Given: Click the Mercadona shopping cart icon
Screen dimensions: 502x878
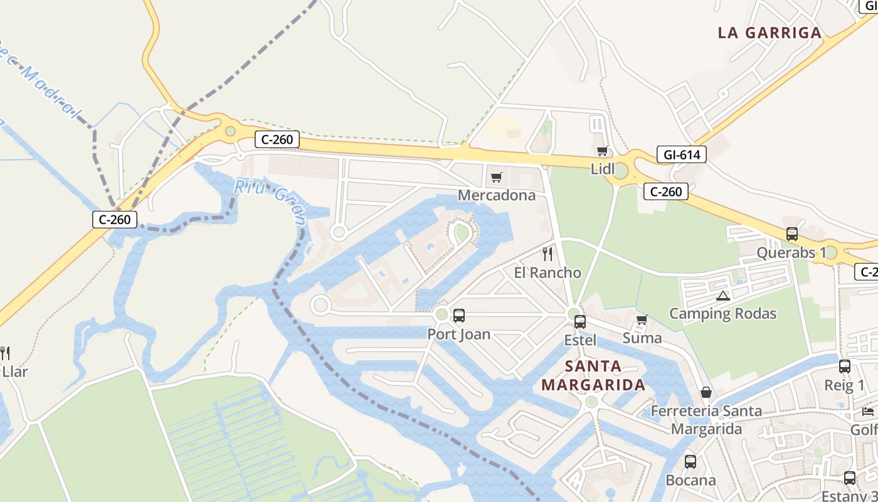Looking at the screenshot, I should [496, 178].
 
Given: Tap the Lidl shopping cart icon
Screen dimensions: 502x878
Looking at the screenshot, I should [602, 151].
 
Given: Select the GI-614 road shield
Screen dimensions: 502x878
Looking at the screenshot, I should [682, 154].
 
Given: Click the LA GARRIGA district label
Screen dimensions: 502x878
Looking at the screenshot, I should [770, 33].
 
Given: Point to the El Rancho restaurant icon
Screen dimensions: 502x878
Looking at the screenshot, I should [547, 254].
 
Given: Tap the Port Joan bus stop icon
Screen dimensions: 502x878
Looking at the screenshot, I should [459, 316].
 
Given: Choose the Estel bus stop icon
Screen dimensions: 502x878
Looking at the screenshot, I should [580, 322].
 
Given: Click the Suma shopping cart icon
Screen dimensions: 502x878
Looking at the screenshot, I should [642, 320].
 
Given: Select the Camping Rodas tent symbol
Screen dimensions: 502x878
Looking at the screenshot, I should [722, 296].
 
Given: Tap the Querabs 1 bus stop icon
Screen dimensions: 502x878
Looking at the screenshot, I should [792, 234].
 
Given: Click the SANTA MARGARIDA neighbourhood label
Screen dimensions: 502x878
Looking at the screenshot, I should [593, 375].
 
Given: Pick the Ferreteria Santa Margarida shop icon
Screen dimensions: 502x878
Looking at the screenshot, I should [706, 393].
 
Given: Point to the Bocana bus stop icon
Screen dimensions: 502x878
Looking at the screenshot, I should [690, 462].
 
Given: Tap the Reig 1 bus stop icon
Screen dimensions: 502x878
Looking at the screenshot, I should [845, 366].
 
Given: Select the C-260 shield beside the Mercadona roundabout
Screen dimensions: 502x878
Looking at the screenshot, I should [277, 139].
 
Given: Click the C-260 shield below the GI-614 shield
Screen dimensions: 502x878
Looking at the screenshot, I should [666, 191].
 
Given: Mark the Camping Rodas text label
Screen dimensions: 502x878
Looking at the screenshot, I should [722, 314].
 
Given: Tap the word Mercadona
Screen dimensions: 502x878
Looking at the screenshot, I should [497, 195].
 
